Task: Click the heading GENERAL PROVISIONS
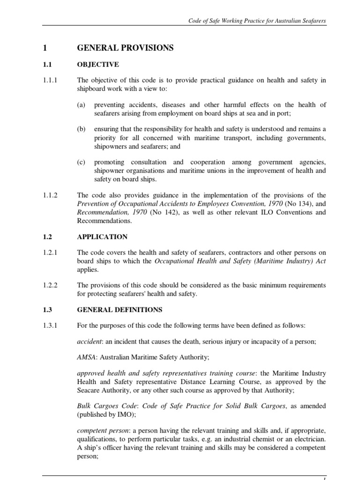pos(125,48)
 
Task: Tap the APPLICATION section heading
pos(102,237)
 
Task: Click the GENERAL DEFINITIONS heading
pos(120,310)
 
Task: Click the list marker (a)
pos(82,105)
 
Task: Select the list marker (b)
pos(82,129)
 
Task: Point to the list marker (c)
pos(82,162)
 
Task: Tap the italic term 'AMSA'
pos(87,357)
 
